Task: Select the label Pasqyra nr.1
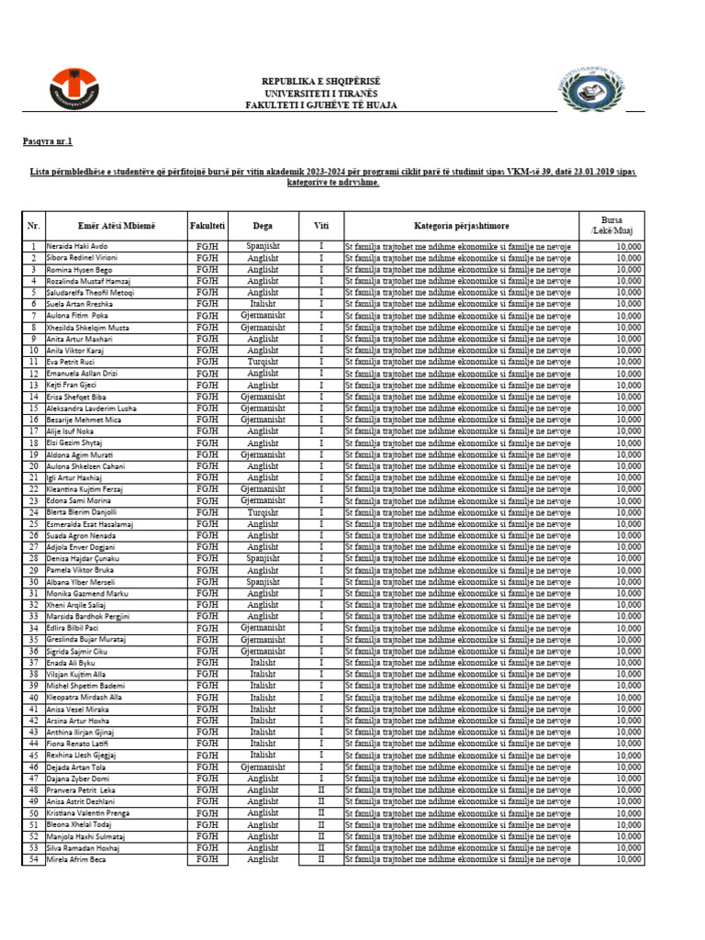[47, 141]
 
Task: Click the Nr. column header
[33, 225]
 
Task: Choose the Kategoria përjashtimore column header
[461, 225]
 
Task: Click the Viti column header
[320, 225]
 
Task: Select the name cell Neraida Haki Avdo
[77, 247]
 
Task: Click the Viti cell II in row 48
[320, 789]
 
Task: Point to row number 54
[33, 859]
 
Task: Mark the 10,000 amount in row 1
[629, 247]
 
